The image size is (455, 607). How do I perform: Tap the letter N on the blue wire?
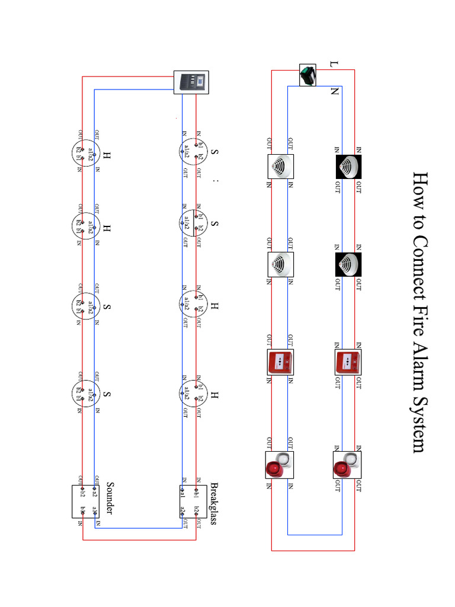[x=334, y=92]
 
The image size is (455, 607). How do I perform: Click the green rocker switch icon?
[x=307, y=75]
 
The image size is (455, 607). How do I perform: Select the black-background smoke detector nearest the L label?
[x=349, y=167]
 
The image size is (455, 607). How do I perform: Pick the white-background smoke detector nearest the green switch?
[x=280, y=167]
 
